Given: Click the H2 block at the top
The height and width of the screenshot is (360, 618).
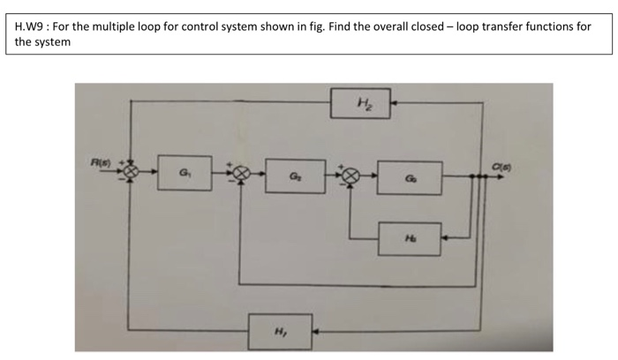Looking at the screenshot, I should (x=363, y=103).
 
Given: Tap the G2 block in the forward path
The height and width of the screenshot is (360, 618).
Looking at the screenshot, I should (x=295, y=176).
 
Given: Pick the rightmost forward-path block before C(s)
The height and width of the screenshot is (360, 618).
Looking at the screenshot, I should (x=410, y=176).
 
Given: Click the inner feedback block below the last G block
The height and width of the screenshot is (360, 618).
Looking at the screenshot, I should (x=410, y=238).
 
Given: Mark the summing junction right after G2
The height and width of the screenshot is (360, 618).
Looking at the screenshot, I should (x=350, y=176).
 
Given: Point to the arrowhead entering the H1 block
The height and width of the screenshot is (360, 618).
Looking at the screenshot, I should (x=320, y=332).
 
